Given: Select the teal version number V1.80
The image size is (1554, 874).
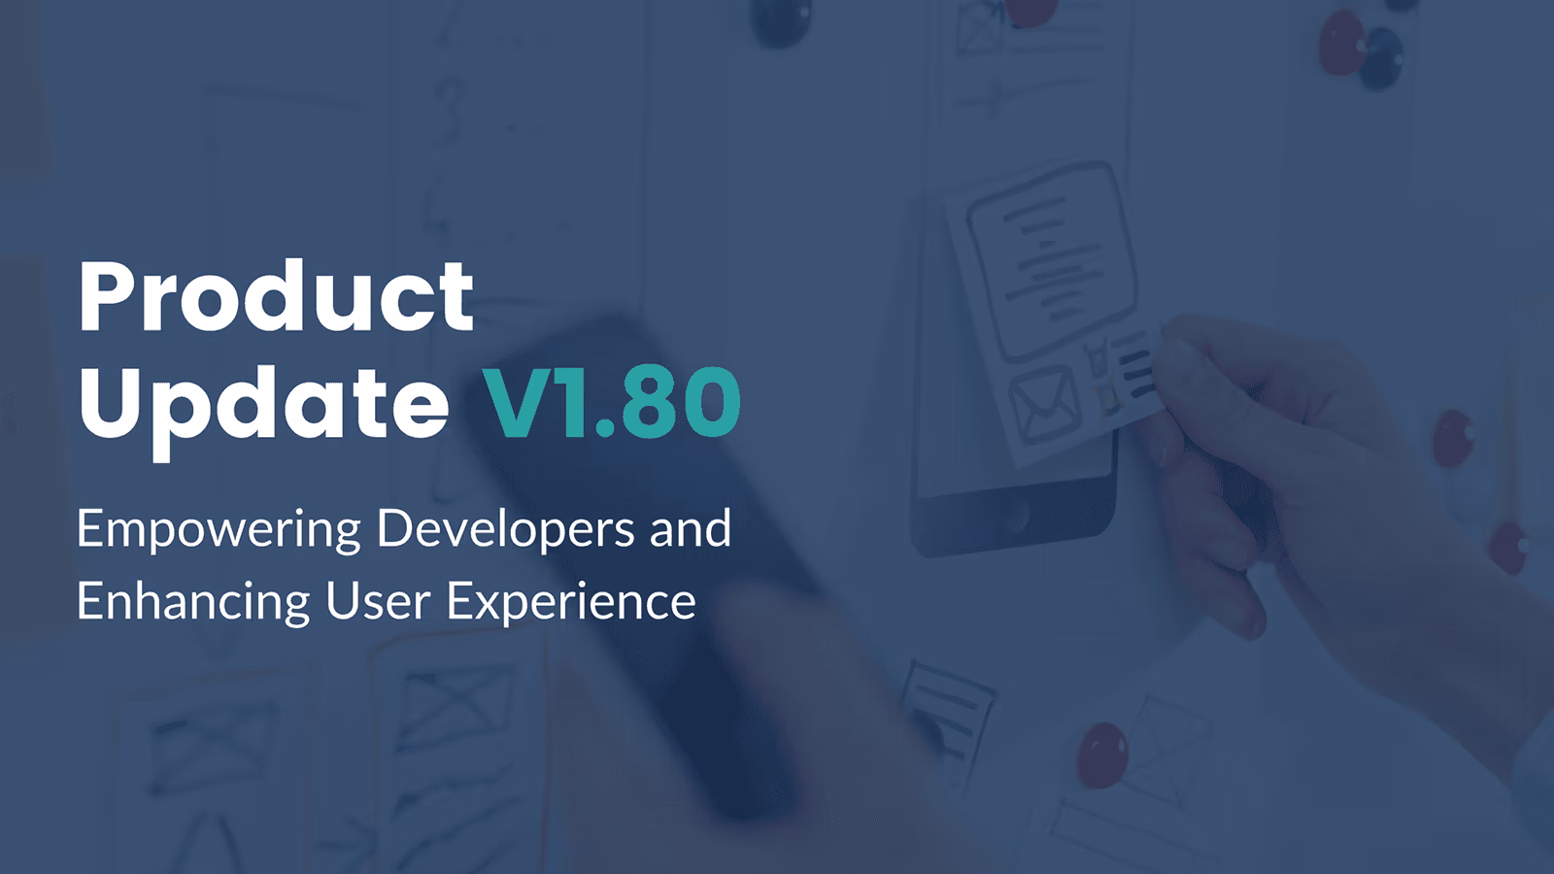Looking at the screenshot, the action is (x=612, y=403).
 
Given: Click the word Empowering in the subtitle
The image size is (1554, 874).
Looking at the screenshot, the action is (x=219, y=530).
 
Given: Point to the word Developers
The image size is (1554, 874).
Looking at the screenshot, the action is (x=505, y=530).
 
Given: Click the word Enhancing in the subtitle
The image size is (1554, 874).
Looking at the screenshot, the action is (x=193, y=603).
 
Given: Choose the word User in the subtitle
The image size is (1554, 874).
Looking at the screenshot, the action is (x=378, y=601).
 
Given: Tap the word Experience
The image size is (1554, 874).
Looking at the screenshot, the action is (x=571, y=603).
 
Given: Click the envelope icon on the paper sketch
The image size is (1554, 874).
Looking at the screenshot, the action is (x=1044, y=405).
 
